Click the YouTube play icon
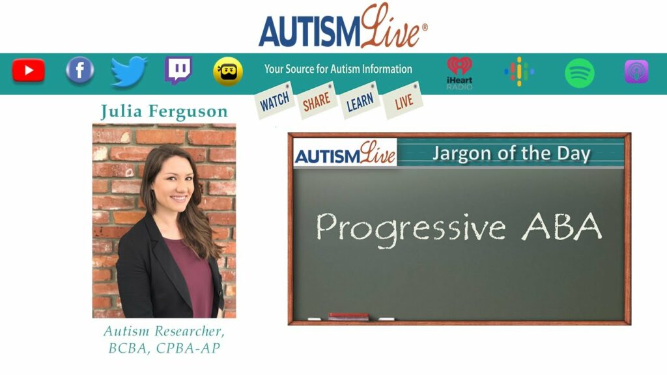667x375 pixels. [29, 70]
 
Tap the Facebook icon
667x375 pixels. [80, 70]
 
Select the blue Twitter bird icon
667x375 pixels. [129, 71]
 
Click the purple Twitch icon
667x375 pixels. [178, 70]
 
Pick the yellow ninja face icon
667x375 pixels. [228, 72]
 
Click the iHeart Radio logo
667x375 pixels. [459, 73]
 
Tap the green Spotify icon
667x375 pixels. [579, 73]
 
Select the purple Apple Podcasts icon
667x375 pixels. [636, 72]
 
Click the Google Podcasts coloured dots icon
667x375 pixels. [519, 72]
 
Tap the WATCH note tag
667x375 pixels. [275, 100]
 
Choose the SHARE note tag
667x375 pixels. [317, 100]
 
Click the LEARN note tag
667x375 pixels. [360, 100]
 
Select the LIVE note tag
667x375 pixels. [403, 100]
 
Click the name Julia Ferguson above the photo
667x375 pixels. [164, 112]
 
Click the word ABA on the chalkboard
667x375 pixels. [562, 227]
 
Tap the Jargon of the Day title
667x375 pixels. [511, 154]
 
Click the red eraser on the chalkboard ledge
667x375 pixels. [348, 316]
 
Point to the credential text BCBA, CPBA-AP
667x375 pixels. [164, 348]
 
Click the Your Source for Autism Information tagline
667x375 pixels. [338, 69]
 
